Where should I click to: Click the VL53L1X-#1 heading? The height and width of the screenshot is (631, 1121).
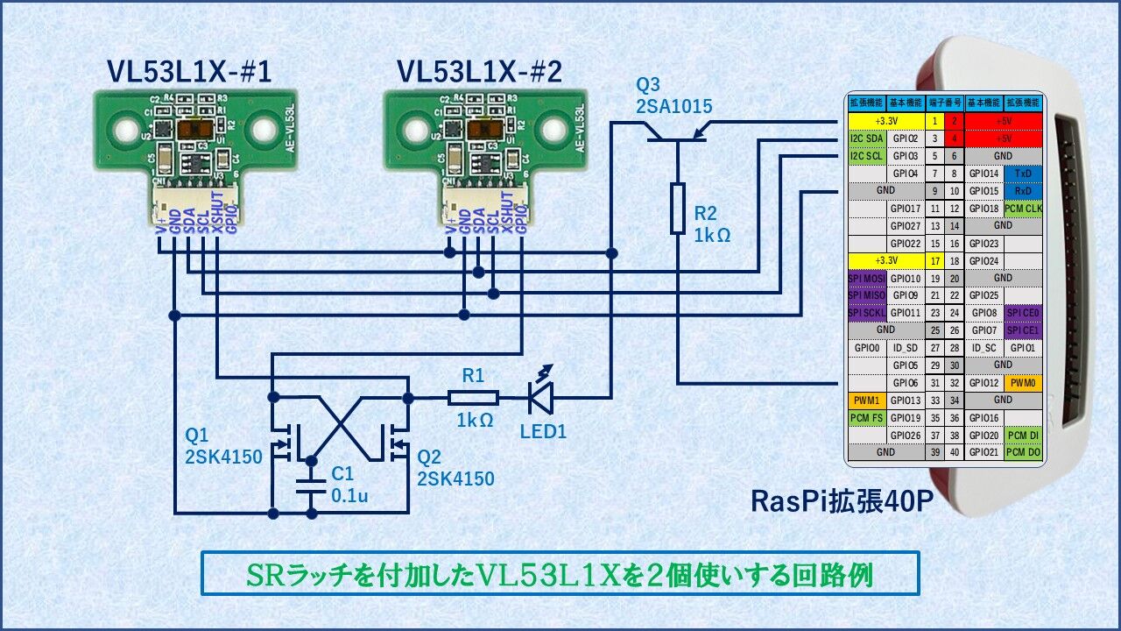click(x=189, y=70)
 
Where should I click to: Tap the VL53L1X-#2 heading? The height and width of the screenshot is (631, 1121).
click(x=479, y=70)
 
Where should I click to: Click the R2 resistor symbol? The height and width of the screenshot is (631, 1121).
click(x=677, y=209)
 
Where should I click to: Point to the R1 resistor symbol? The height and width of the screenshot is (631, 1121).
click(x=473, y=398)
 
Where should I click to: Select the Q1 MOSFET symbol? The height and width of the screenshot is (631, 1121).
click(x=285, y=443)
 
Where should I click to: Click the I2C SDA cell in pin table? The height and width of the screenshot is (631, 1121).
click(x=867, y=138)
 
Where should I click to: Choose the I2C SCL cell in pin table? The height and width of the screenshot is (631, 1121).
click(x=867, y=156)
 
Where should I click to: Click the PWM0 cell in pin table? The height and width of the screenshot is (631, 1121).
click(x=1023, y=383)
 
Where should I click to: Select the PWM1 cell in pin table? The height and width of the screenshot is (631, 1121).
click(x=867, y=401)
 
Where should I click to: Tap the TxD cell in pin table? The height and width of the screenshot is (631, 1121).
click(x=1023, y=174)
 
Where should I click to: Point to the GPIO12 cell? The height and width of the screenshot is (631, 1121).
click(x=984, y=383)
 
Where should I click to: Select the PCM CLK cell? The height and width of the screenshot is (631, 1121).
click(x=1023, y=209)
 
